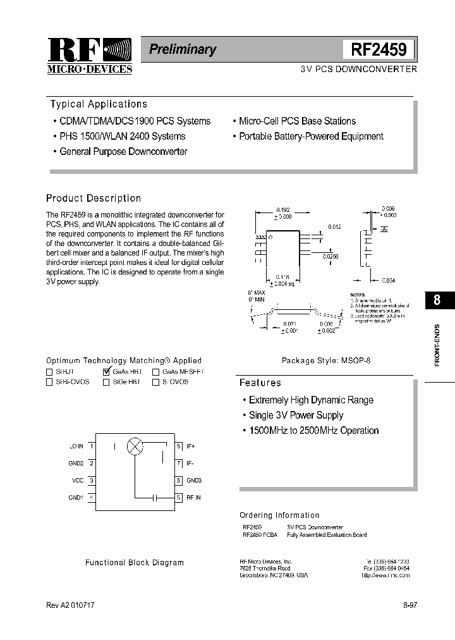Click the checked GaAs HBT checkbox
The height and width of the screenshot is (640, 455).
pos(106,372)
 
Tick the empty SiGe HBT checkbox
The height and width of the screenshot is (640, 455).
pos(106,383)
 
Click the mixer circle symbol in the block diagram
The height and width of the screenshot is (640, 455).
pos(135,446)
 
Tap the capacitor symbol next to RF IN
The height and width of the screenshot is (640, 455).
pos(155,498)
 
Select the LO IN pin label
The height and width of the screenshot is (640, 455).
pos(76,446)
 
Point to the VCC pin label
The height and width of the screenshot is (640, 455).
pos(78,481)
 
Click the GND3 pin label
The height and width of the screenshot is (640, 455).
pos(193,481)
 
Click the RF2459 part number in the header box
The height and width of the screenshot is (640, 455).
pos(379,49)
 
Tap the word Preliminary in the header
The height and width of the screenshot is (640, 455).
pos(182,49)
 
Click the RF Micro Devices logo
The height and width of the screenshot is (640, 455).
pos(90,56)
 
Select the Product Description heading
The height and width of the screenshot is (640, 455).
pos(94,198)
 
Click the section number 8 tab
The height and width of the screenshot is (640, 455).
pos(437,301)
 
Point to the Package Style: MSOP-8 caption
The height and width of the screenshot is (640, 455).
pos(325,360)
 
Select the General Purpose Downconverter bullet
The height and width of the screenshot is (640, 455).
pos(123,152)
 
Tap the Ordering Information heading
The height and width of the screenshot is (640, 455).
pos(279,515)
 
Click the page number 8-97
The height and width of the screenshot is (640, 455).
pos(410,605)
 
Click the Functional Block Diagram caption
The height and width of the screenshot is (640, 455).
pos(135,562)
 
